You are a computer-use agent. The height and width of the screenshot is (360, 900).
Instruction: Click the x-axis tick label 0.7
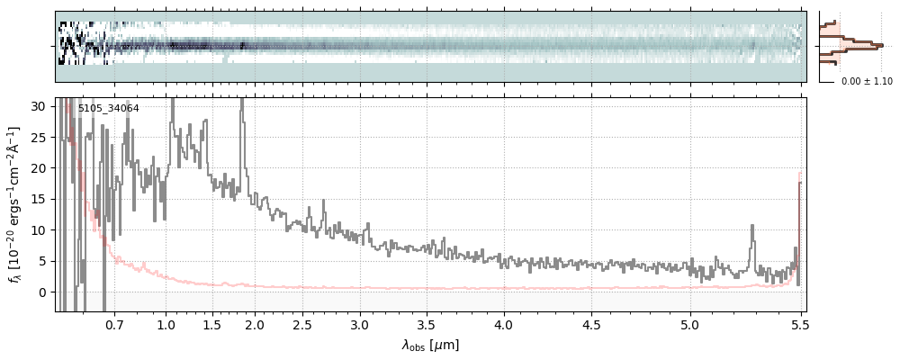pyautogui.click(x=114, y=324)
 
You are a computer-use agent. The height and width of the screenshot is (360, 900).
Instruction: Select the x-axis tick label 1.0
pyautogui.click(x=166, y=324)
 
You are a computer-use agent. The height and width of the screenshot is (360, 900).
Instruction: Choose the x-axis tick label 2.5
pyautogui.click(x=305, y=324)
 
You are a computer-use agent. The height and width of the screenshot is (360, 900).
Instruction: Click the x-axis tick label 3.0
pyautogui.click(x=360, y=324)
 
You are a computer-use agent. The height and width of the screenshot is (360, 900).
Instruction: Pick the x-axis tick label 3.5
pyautogui.click(x=430, y=324)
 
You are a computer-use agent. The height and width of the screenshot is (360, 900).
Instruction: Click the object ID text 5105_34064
pyautogui.click(x=108, y=109)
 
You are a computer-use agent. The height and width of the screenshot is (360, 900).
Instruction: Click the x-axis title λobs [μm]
pyautogui.click(x=430, y=345)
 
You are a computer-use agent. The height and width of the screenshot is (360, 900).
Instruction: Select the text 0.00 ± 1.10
pyautogui.click(x=867, y=82)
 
